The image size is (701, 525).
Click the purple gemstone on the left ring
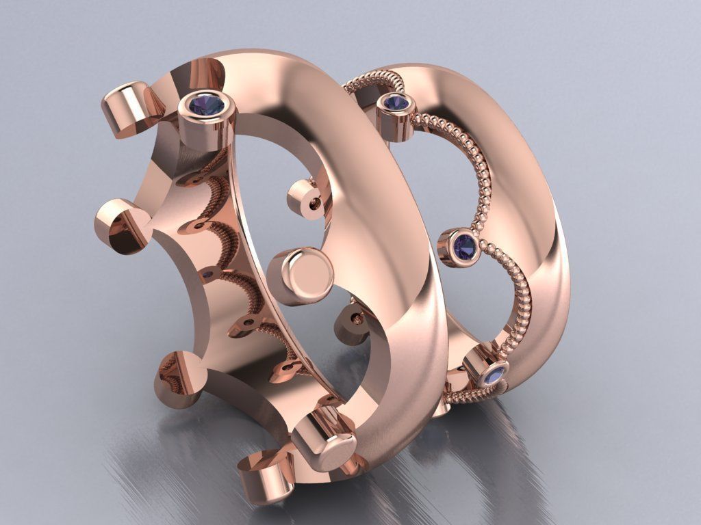(x=207, y=105)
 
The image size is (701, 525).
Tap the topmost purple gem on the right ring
(x=396, y=103)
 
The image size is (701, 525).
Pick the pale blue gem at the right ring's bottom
(x=494, y=375)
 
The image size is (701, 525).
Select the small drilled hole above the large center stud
(x=315, y=203)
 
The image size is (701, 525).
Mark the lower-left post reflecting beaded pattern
(x=176, y=376)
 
